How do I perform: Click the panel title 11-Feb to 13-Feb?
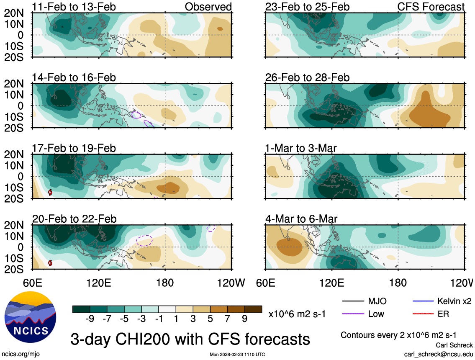tap(74, 7)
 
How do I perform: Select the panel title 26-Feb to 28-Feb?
tap(307, 78)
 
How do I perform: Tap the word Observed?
tap(208, 7)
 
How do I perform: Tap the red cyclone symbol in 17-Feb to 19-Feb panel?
tap(50, 192)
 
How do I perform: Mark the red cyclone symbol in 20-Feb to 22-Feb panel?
tap(50, 263)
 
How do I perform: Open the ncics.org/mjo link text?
tap(21, 354)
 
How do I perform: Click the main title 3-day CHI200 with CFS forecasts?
tap(190, 339)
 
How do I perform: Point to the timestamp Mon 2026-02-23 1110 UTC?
tap(237, 355)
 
